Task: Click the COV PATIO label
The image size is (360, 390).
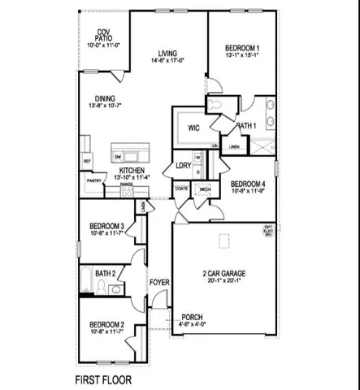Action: tap(103, 34)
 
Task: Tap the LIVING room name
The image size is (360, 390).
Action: tap(167, 52)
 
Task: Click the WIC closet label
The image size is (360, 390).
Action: tap(193, 128)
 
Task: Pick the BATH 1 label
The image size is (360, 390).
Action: tap(246, 126)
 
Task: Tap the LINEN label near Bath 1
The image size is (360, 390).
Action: tap(234, 147)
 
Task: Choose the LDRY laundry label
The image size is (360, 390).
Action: tap(183, 166)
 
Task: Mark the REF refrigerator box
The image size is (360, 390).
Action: tap(87, 162)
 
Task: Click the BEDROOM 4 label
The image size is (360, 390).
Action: tap(243, 184)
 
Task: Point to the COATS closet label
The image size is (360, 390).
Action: tap(181, 188)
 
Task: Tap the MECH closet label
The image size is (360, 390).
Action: tap(205, 188)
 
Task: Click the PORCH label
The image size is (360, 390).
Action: tap(192, 317)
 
